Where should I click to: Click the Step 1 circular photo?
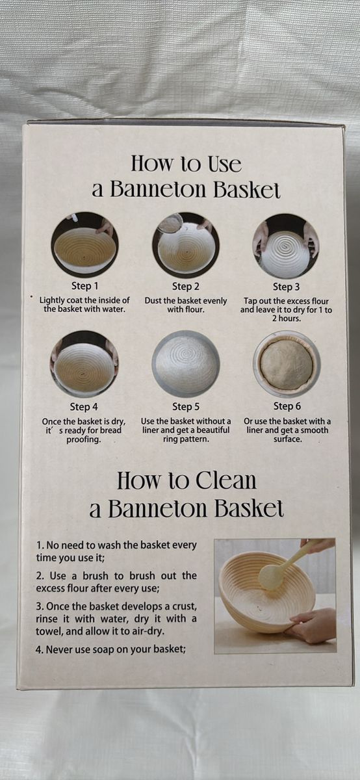[x=84, y=245]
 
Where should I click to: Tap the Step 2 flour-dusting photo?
[x=186, y=245]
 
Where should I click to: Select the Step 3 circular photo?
[x=285, y=246]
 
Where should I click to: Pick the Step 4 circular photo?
[x=84, y=364]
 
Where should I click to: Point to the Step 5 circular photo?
[x=186, y=365]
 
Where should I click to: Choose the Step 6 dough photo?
[x=287, y=365]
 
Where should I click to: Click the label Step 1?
[x=85, y=286]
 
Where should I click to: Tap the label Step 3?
[x=286, y=287]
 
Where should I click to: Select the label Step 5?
[x=186, y=407]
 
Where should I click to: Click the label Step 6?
[x=287, y=406]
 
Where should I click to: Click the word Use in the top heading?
[x=225, y=164]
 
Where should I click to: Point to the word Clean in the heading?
[x=225, y=480]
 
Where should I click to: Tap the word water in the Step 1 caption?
[x=114, y=309]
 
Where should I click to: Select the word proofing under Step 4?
[x=84, y=439]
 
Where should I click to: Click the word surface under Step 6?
[x=288, y=439]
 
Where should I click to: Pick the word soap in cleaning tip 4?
[x=103, y=650]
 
